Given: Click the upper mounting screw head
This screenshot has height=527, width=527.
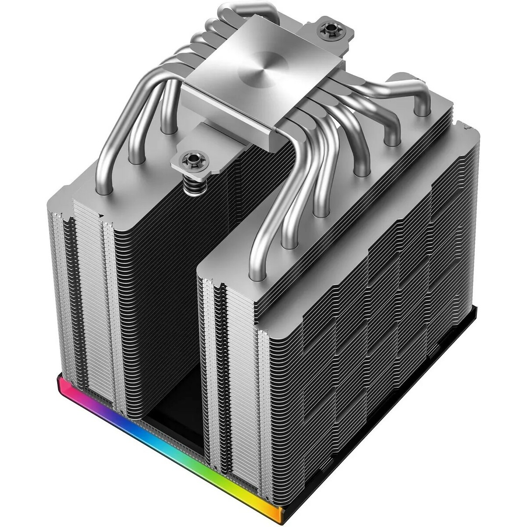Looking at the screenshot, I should click(328, 30).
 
